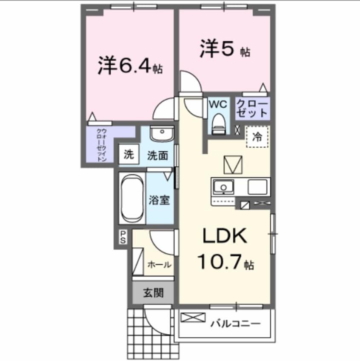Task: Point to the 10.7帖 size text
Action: (x=225, y=263)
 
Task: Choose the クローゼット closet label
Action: (x=252, y=108)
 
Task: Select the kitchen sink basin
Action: (x=223, y=187)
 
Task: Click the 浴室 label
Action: (x=160, y=200)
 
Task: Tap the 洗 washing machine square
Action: (x=128, y=154)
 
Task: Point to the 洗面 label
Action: (x=157, y=155)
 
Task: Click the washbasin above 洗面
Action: (x=162, y=134)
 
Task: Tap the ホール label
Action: (x=159, y=264)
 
